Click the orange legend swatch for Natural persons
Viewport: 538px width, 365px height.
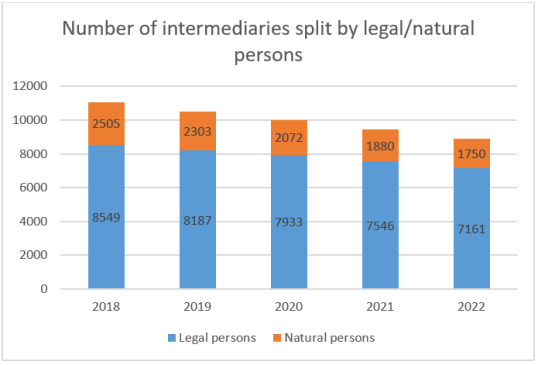click(x=276, y=338)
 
